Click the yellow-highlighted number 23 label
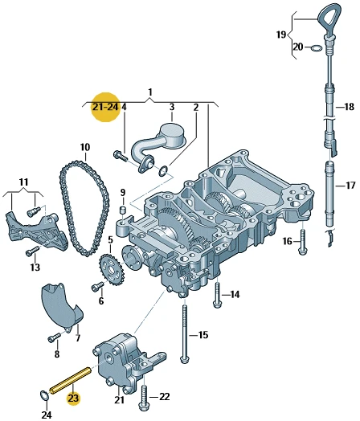73,398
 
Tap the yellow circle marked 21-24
105,107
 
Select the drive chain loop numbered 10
84,208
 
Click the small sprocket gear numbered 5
111,269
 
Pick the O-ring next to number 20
317,48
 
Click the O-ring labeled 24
44,395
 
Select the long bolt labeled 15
185,332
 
